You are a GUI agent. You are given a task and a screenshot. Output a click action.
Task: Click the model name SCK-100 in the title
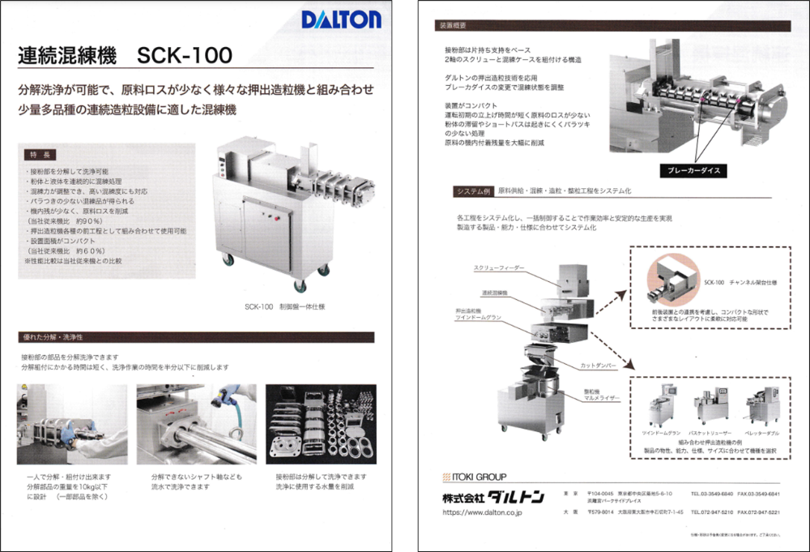[x=185, y=56]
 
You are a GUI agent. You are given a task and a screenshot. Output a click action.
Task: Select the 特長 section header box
[x=40, y=153]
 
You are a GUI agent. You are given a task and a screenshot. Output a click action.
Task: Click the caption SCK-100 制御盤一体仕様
[x=284, y=306]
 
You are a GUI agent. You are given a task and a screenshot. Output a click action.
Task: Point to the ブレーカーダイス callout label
[x=689, y=171]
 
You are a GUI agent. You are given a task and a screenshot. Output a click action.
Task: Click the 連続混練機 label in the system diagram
[x=495, y=292]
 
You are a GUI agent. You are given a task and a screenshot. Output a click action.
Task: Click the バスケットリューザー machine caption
[x=710, y=434]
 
